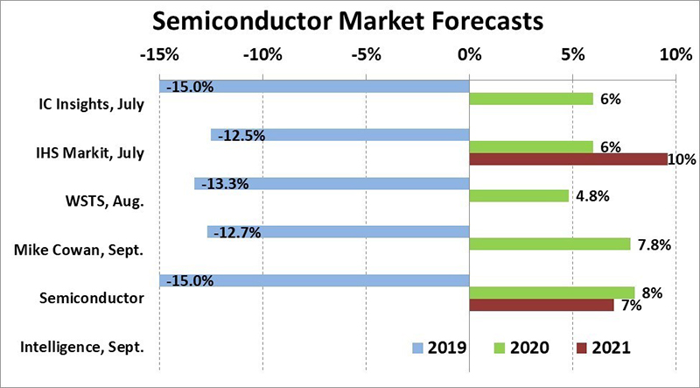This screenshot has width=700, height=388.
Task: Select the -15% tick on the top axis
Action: pos(159,55)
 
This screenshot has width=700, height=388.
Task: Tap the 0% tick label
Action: pos(470,55)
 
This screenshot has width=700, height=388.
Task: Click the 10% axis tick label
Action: pos(675,55)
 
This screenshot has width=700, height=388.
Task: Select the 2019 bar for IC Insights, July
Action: pos(315,87)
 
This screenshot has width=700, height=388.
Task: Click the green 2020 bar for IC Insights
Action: pos(531,99)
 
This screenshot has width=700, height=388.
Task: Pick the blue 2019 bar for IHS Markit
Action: pos(340,136)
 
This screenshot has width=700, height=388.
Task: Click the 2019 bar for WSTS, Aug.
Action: pos(332,184)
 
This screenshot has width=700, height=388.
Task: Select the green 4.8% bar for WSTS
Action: pos(519,196)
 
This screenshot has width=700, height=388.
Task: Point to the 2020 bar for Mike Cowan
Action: pos(549,244)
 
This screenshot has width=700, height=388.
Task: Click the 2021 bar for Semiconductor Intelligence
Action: pos(542,305)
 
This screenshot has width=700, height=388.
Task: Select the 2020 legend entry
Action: pos(520,348)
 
